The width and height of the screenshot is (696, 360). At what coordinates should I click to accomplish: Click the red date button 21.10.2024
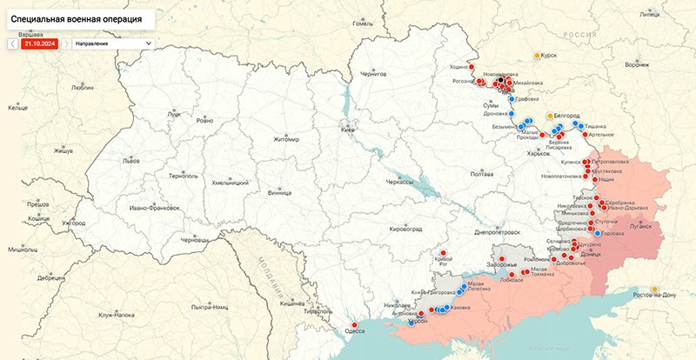(38, 42)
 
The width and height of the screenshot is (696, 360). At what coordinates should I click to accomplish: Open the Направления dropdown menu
(111, 42)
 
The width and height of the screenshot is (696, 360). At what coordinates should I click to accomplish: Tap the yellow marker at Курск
(538, 55)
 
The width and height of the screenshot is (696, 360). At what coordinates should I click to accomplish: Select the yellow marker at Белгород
(550, 115)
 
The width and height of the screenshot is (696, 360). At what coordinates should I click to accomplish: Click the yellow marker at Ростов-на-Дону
(655, 289)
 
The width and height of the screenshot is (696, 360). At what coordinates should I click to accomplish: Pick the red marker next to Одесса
(354, 325)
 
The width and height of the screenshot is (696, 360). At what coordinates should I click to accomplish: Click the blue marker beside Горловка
(596, 233)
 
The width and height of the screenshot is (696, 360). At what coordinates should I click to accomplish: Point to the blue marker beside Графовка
(512, 99)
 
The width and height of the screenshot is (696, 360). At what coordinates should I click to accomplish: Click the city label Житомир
(285, 139)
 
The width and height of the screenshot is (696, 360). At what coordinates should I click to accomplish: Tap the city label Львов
(130, 161)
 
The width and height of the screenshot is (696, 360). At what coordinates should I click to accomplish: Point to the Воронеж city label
(637, 64)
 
